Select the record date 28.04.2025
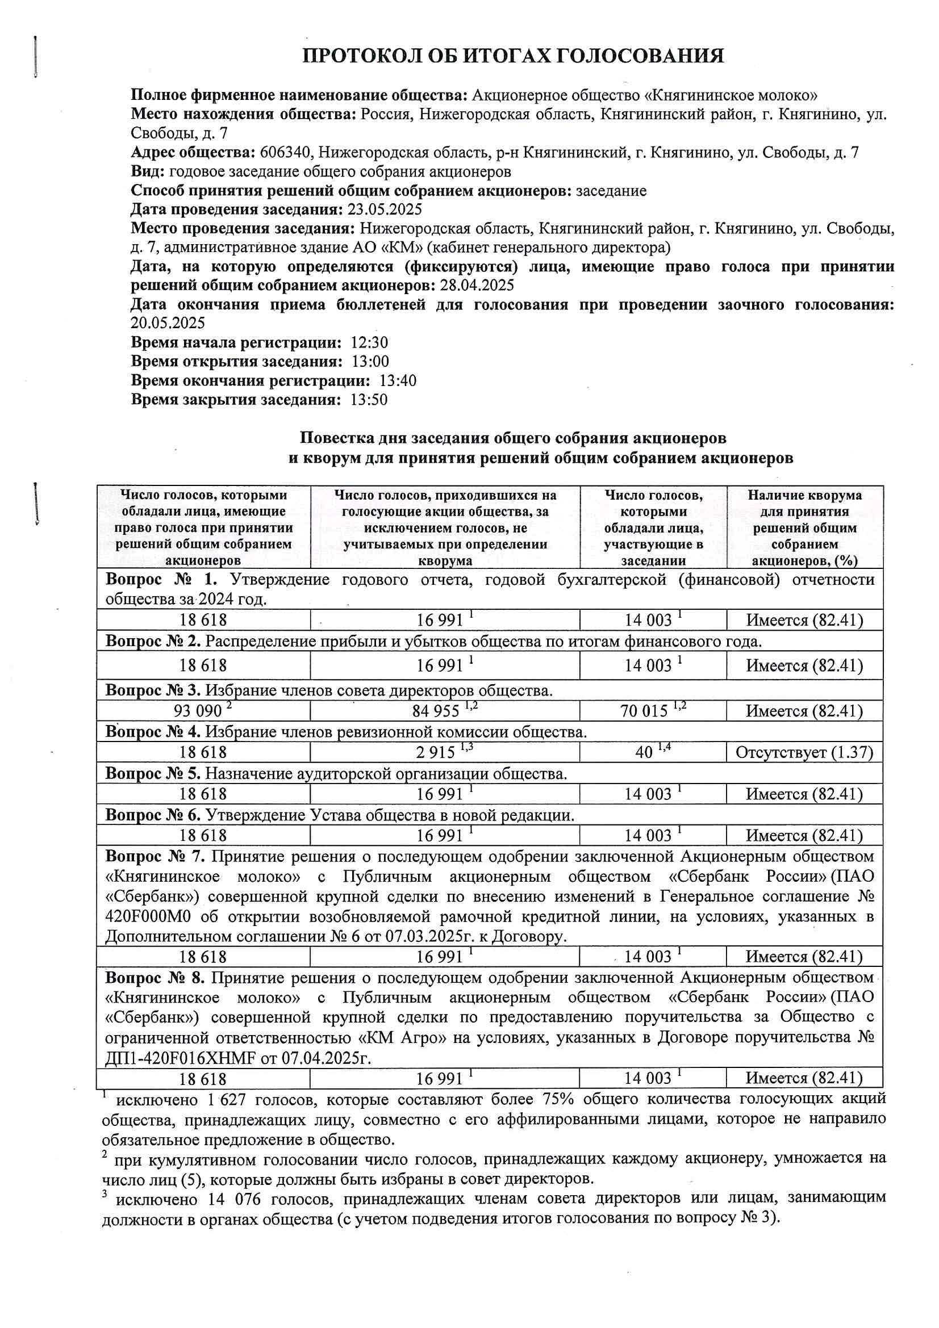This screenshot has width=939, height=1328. [x=477, y=285]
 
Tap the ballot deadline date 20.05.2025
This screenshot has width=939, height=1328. [x=168, y=322]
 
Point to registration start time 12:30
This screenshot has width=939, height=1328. [x=369, y=342]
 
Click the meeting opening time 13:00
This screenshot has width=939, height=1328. [x=370, y=362]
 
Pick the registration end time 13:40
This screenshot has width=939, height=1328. [x=398, y=380]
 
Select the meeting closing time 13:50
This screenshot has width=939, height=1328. [x=369, y=400]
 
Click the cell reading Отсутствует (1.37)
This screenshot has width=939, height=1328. [x=804, y=752]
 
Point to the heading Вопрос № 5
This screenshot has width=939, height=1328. [x=153, y=773]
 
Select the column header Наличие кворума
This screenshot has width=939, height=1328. [x=804, y=495]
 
